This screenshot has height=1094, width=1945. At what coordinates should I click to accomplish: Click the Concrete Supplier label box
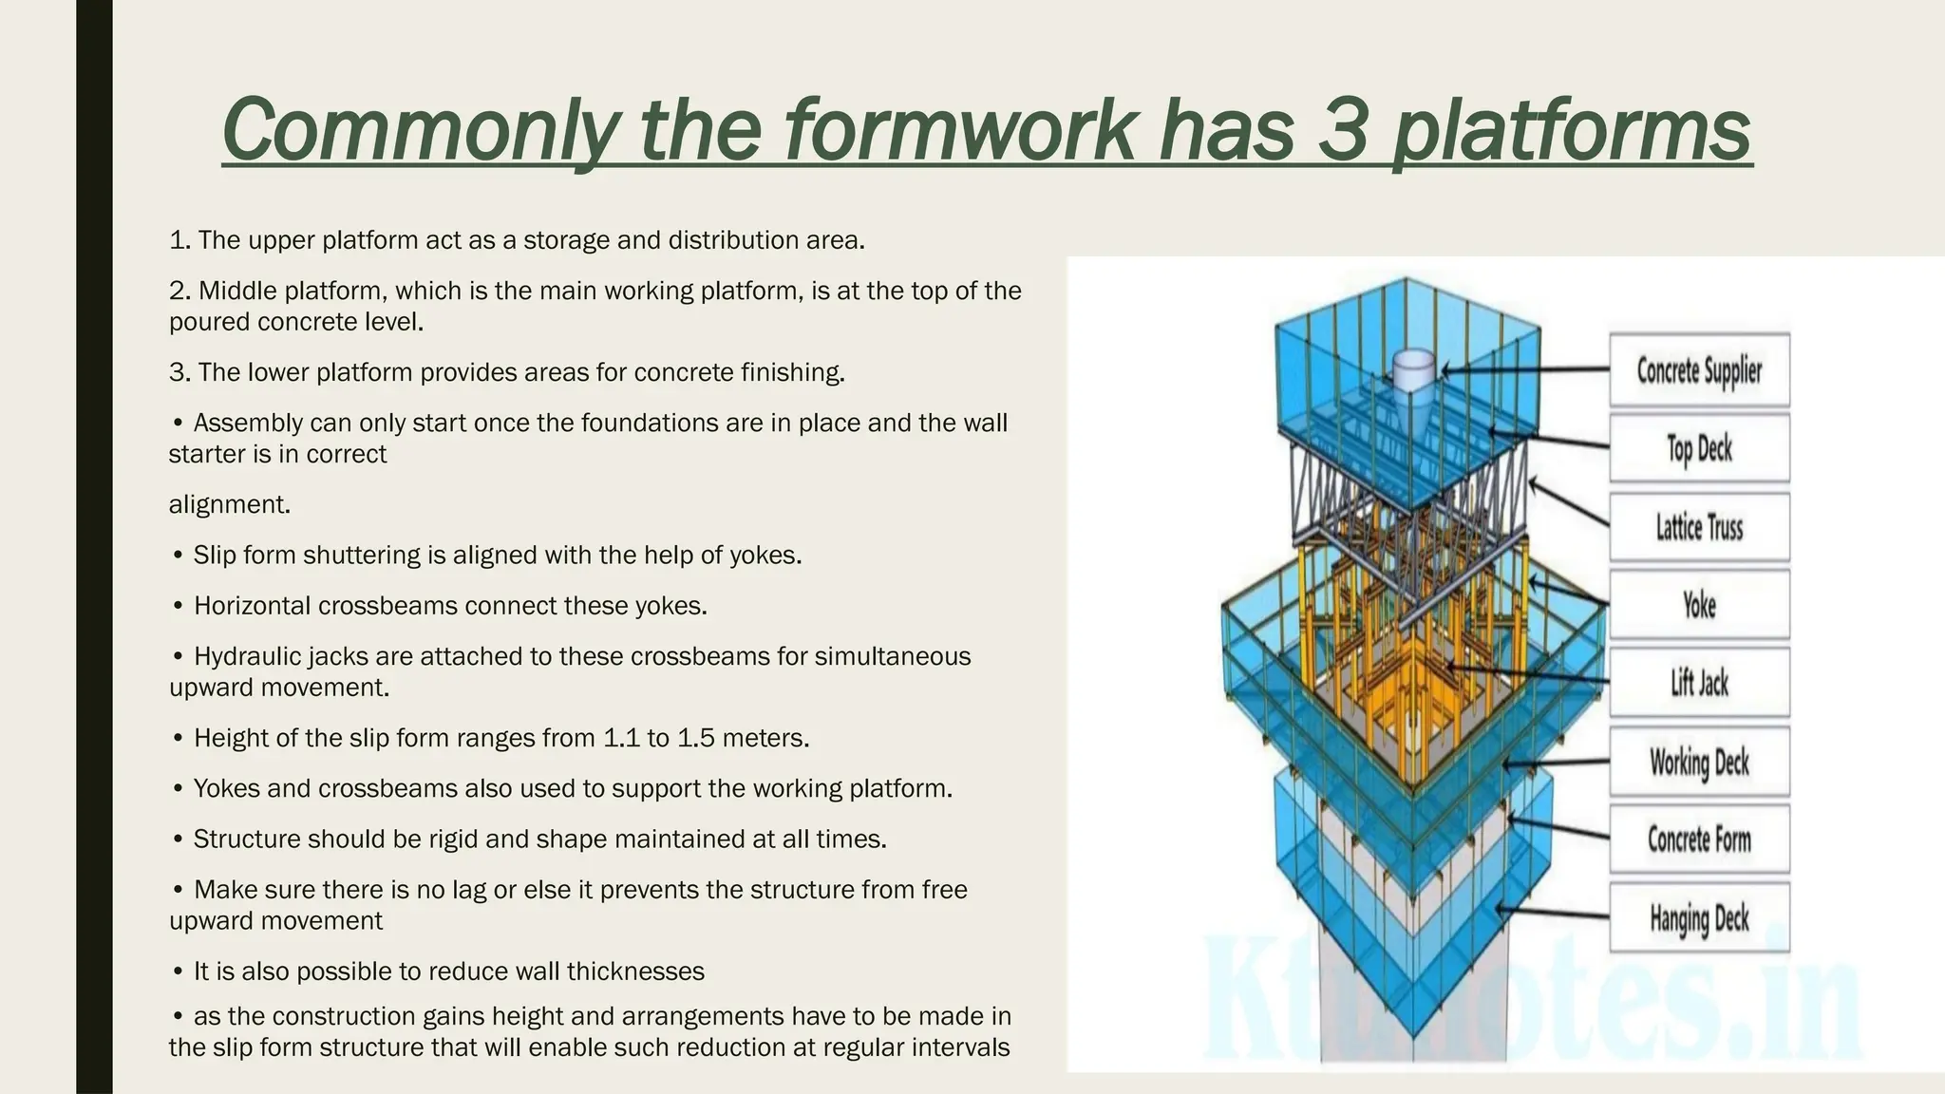pyautogui.click(x=1699, y=370)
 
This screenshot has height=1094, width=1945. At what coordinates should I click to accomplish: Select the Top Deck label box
pyautogui.click(x=1699, y=448)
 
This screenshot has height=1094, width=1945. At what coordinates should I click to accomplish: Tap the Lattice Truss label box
pyautogui.click(x=1699, y=527)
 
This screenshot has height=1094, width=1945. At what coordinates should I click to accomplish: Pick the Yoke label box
pyautogui.click(x=1699, y=605)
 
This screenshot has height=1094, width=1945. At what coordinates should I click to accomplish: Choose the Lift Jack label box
pyautogui.click(x=1699, y=683)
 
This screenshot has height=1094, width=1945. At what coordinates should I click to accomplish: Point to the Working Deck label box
pyautogui.click(x=1699, y=762)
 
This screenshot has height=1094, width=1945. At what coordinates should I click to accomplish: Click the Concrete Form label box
pyautogui.click(x=1699, y=839)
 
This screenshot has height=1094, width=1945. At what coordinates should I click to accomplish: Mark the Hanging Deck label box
pyautogui.click(x=1699, y=918)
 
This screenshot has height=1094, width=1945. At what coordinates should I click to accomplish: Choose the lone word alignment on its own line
pyautogui.click(x=229, y=504)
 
